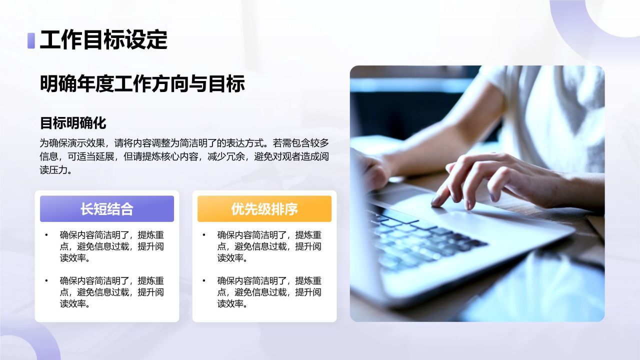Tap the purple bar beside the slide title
coord(31,40)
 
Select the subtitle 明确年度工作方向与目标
coord(142,84)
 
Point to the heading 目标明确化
coord(73,123)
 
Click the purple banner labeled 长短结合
coord(107,209)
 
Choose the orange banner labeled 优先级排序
coord(264,209)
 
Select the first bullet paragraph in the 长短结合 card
coord(112,246)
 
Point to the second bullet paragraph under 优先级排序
coord(269,292)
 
